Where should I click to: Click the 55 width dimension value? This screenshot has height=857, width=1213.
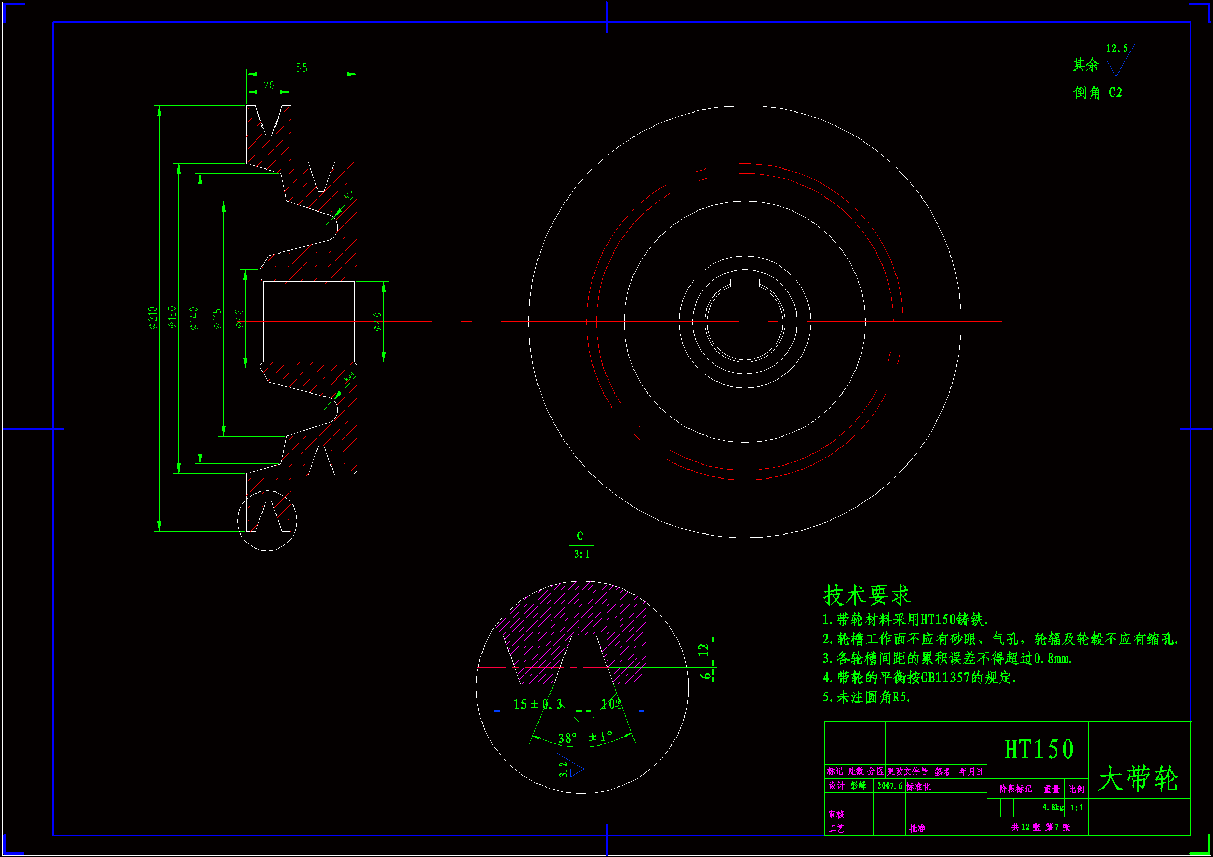(301, 67)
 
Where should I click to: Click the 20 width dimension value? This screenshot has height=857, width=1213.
(269, 86)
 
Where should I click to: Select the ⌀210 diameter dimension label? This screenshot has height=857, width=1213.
(153, 318)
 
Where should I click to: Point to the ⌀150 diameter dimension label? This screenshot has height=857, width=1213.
(172, 317)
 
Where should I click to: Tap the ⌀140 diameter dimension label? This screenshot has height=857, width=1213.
(194, 318)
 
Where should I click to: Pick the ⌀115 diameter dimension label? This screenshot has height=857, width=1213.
(217, 319)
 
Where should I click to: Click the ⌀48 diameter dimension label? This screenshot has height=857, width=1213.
(239, 318)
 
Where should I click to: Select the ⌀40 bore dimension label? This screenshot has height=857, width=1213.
(377, 321)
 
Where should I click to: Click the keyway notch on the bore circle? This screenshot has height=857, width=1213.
(745, 283)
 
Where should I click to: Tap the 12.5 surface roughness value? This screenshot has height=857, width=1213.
(1117, 49)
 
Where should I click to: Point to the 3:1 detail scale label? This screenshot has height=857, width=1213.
(582, 554)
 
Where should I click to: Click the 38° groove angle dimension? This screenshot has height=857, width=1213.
(568, 738)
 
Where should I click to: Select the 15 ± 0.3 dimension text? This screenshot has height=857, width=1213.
(537, 705)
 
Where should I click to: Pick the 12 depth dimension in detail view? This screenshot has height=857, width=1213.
(704, 650)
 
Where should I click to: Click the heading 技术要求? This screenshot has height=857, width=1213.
(866, 596)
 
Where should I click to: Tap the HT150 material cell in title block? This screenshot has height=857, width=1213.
(1039, 750)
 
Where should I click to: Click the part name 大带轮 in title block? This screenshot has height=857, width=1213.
(1138, 779)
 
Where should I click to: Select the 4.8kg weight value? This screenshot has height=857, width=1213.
(1052, 807)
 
